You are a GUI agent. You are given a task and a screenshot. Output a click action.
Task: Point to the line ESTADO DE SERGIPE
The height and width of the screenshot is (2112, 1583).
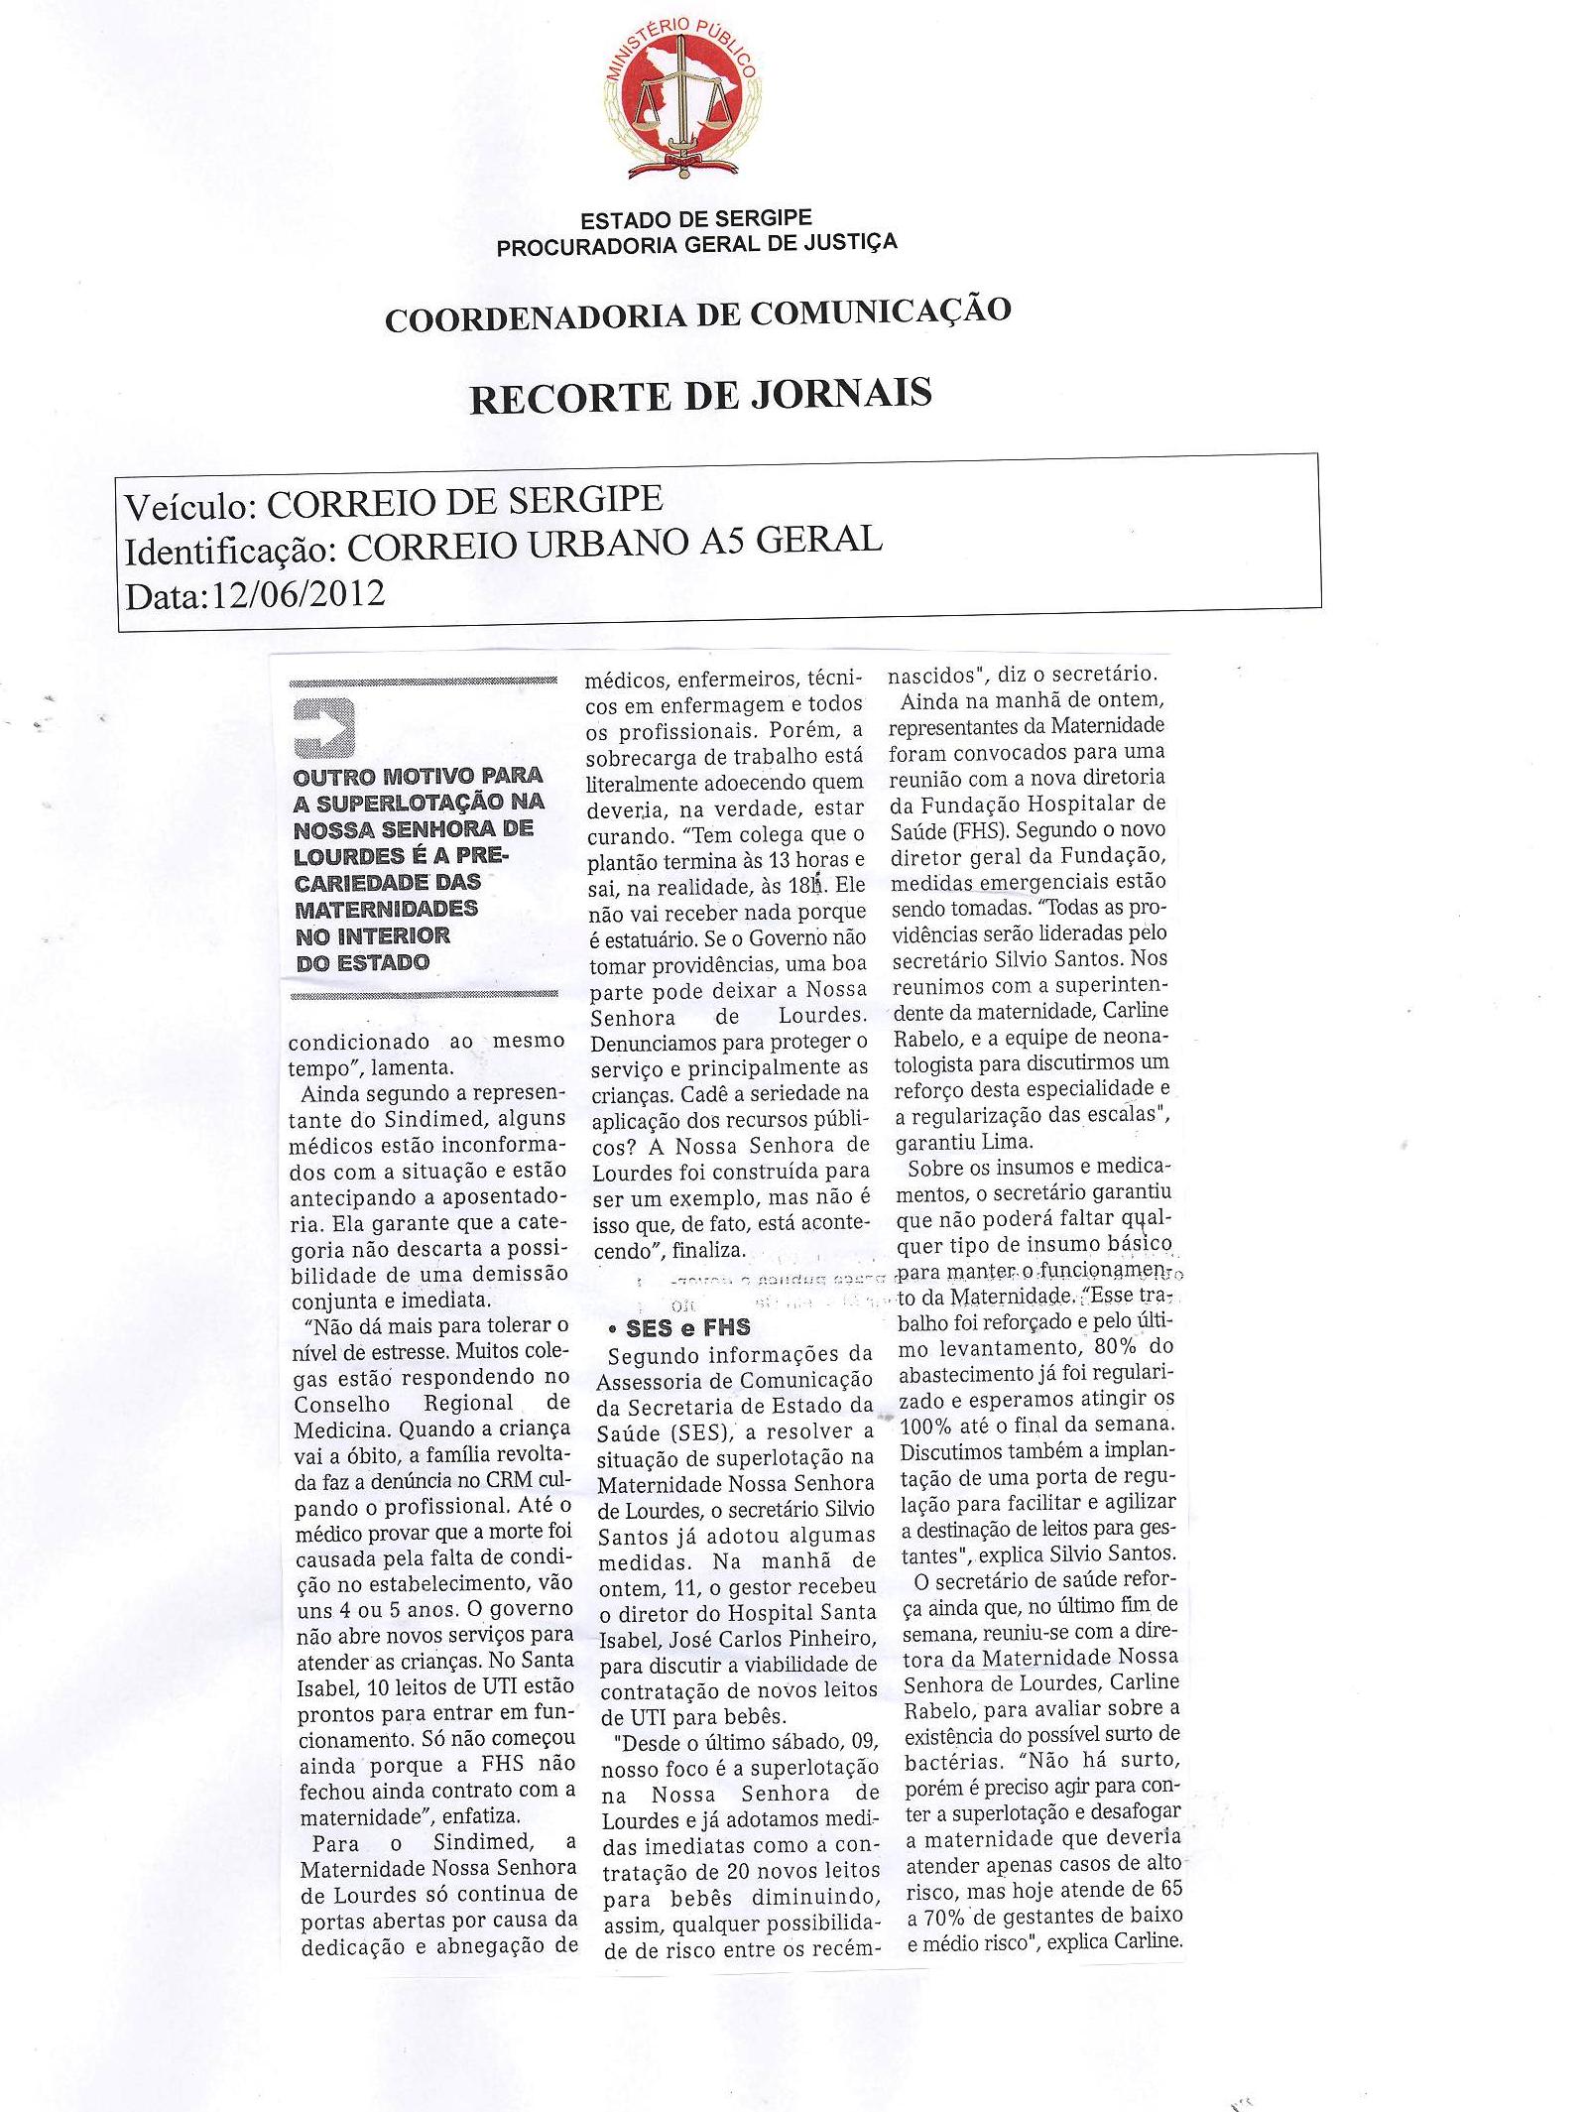[x=696, y=219]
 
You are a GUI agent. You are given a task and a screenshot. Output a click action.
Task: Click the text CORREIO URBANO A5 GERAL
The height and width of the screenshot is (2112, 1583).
[x=614, y=543]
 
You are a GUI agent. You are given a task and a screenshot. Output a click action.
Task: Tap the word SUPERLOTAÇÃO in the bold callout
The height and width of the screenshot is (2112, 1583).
[x=400, y=802]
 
